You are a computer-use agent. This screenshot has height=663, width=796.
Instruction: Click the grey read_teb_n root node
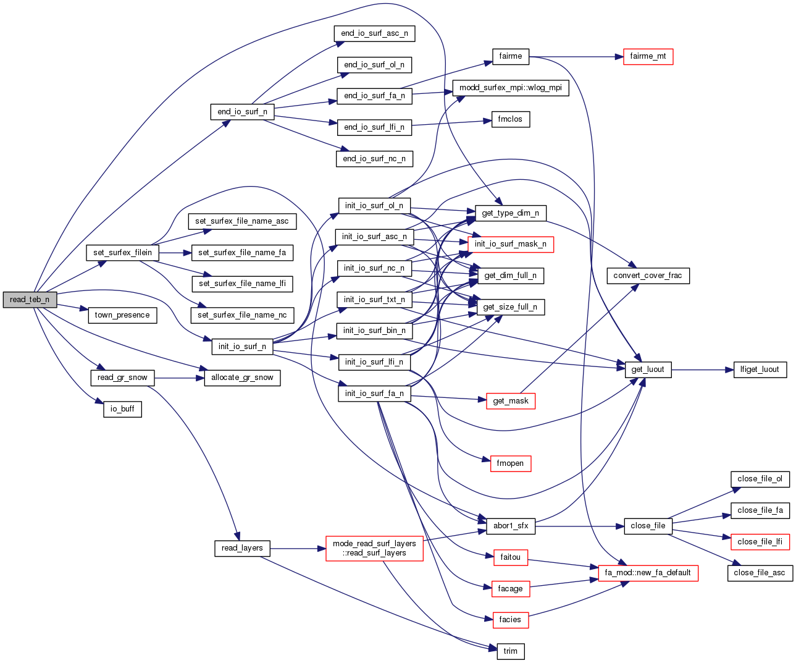click(x=30, y=300)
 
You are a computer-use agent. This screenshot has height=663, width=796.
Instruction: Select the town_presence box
click(x=122, y=315)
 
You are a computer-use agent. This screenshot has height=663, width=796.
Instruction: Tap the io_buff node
click(x=122, y=409)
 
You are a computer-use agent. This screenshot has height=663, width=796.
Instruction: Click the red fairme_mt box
click(x=648, y=56)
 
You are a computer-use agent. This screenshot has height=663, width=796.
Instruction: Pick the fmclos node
click(x=510, y=119)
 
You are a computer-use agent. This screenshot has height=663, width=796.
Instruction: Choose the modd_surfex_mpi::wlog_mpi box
click(x=511, y=88)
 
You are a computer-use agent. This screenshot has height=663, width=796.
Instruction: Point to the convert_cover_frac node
click(x=647, y=276)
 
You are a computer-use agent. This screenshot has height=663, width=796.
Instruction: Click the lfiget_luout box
click(x=760, y=370)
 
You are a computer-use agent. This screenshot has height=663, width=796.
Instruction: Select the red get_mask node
click(x=510, y=401)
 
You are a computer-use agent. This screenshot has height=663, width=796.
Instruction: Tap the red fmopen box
click(x=510, y=463)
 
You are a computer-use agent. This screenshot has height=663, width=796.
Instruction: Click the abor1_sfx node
click(x=510, y=526)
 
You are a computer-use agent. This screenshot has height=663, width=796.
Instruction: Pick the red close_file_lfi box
click(x=760, y=542)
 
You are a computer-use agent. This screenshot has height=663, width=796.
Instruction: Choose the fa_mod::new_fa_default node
click(x=647, y=573)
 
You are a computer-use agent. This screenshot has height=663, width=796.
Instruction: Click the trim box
click(x=510, y=651)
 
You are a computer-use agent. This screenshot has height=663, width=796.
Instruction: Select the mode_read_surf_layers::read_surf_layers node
click(x=374, y=548)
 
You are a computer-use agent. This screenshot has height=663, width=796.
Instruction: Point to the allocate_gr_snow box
click(x=242, y=378)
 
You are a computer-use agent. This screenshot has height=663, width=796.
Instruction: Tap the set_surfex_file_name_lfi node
click(x=242, y=284)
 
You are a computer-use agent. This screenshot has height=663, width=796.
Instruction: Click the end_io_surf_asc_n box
click(x=374, y=33)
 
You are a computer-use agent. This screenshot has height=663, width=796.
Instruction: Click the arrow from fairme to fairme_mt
click(x=574, y=57)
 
